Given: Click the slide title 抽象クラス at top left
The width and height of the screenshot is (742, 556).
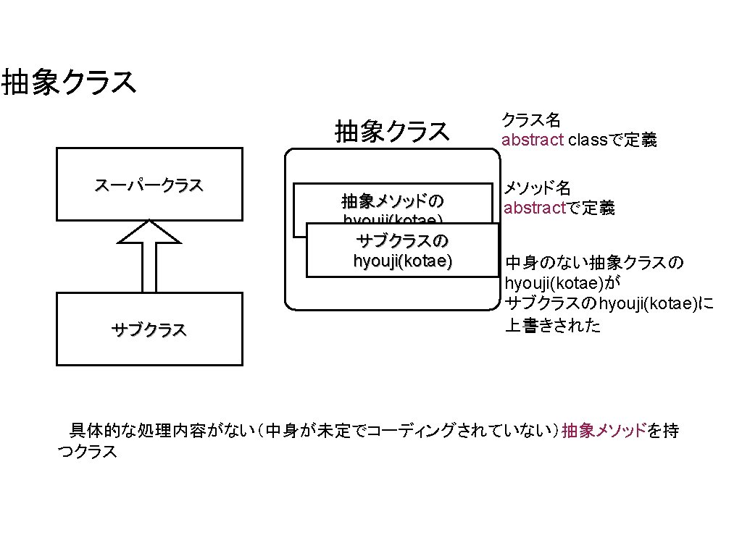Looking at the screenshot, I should pos(69,83).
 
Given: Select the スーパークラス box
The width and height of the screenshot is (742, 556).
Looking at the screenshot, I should pos(149,185).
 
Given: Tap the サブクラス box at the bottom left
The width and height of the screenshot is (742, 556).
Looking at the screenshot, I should pos(149,329).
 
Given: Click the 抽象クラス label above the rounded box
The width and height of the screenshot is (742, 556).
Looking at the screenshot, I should pos(392,131).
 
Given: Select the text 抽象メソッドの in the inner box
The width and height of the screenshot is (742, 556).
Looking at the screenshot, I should pos(392,200).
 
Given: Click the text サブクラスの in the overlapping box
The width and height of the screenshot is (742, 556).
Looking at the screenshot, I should pos(403,241).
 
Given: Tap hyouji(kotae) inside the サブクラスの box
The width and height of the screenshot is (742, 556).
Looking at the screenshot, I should pos(403,261).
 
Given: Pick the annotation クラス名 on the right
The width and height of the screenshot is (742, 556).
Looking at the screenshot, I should pos(531,119).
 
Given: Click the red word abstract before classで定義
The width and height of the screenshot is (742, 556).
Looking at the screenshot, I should pos(533,140).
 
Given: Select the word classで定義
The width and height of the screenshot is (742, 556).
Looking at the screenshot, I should pos(612,140).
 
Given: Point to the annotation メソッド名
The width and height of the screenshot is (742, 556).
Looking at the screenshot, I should pos(538,188).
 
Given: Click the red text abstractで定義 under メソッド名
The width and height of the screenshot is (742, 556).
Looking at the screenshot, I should pos(559,208).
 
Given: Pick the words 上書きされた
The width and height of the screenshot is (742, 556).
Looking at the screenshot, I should pos(553,325).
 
